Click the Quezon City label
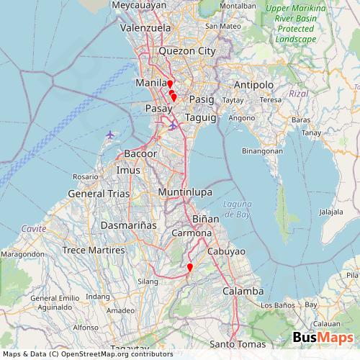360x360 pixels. (x=186, y=51)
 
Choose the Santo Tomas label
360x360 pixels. (x=237, y=344)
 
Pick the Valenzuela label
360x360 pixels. (x=145, y=28)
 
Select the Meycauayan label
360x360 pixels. (x=139, y=5)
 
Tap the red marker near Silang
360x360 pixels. (x=189, y=269)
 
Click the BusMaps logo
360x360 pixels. (x=322, y=338)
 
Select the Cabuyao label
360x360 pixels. (x=226, y=251)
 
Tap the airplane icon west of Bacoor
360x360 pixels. (x=110, y=135)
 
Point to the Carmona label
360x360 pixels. (x=191, y=234)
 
